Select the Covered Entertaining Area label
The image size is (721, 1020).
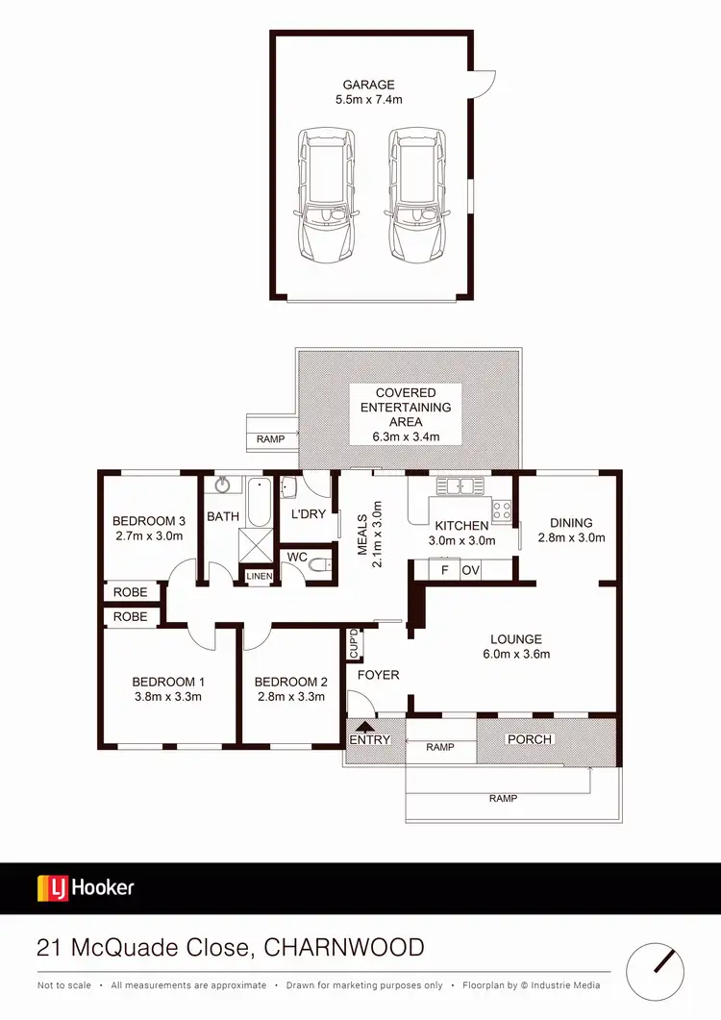(406, 407)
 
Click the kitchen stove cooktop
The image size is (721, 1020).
(502, 510)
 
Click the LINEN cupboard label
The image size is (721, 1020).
(260, 576)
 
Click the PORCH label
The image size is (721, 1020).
(530, 739)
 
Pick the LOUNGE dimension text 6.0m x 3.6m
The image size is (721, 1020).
(516, 655)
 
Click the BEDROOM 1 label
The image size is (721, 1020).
(168, 683)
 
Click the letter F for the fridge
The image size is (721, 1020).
(444, 570)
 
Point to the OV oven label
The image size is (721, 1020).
(471, 570)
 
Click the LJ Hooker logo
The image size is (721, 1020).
(86, 887)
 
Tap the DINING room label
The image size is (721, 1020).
(571, 523)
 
